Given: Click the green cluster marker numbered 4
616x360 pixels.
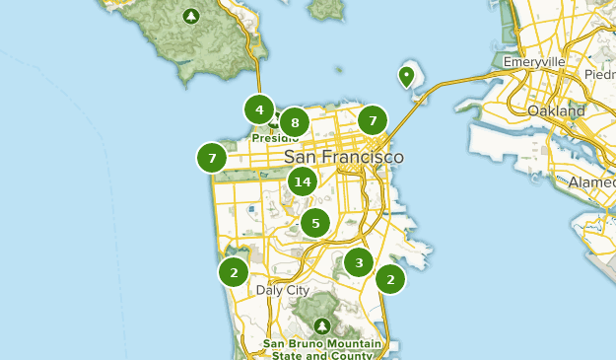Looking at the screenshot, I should (259, 109).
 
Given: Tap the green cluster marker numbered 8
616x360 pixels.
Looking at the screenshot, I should (294, 123).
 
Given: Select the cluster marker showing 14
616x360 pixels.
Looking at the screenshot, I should (303, 181).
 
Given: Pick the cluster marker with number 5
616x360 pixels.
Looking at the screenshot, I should (315, 223).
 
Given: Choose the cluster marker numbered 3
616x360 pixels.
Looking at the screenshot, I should (359, 262).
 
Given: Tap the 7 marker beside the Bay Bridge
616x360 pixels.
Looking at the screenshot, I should (372, 120).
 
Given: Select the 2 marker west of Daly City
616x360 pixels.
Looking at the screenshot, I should (234, 272).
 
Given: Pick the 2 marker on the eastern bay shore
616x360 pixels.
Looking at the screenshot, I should (391, 279).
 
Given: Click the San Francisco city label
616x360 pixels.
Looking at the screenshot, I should (343, 158).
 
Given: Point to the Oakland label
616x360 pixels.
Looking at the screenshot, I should (556, 110).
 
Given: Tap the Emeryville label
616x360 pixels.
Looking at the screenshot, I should (533, 61).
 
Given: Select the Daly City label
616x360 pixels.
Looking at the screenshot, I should (282, 291).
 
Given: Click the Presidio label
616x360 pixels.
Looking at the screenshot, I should (272, 138).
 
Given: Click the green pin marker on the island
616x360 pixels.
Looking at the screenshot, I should (405, 76).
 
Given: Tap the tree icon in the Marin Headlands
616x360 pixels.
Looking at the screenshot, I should (190, 16).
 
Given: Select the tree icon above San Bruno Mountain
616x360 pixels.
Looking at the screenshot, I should (320, 325).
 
